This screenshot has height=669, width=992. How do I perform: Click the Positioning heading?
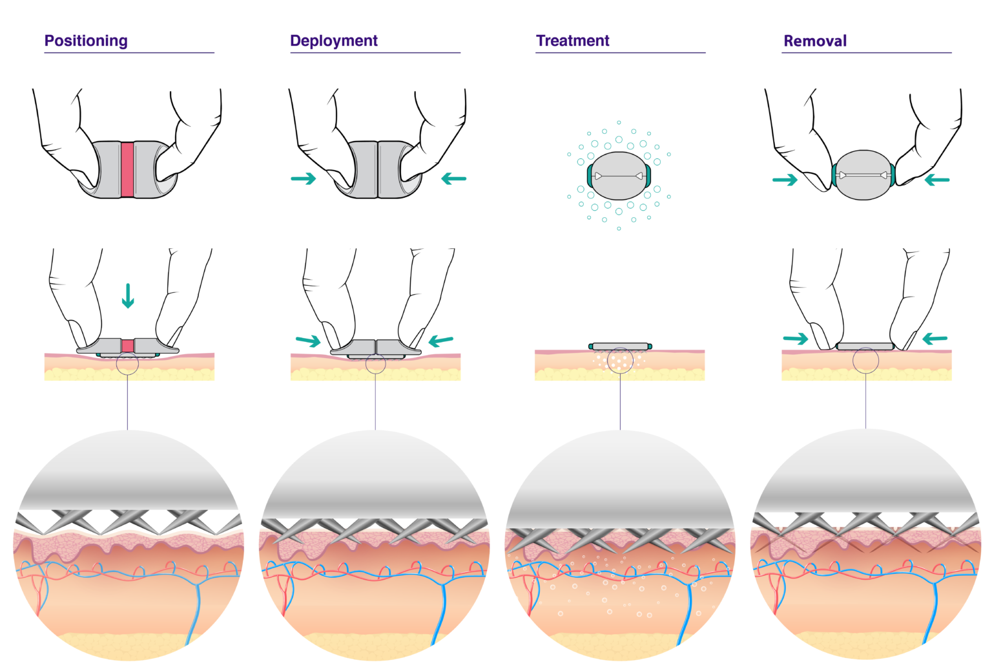click(86, 41)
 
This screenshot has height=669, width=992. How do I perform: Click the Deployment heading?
click(333, 41)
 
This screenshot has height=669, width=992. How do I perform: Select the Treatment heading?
click(572, 41)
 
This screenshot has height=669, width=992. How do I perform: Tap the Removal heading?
click(814, 41)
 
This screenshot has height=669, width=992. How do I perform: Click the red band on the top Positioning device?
click(127, 169)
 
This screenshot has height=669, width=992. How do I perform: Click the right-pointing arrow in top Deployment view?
click(303, 178)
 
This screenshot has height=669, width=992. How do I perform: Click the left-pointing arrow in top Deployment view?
click(453, 178)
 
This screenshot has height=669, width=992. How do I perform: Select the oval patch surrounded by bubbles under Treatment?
click(619, 176)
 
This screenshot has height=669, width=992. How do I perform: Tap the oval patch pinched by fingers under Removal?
click(863, 175)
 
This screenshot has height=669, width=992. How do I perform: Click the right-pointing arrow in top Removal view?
click(785, 180)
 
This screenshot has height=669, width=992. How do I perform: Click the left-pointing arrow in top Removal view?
click(937, 180)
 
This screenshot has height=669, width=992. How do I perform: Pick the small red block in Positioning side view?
click(128, 346)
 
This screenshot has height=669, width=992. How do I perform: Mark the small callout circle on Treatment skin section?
click(620, 361)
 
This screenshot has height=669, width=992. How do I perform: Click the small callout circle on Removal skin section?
click(865, 361)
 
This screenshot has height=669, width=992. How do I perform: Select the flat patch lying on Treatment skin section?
click(620, 346)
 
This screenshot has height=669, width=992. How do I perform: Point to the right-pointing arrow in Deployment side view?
click(308, 341)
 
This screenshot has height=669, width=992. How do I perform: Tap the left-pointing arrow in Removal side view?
click(935, 338)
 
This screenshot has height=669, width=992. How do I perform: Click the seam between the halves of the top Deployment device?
click(377, 169)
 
